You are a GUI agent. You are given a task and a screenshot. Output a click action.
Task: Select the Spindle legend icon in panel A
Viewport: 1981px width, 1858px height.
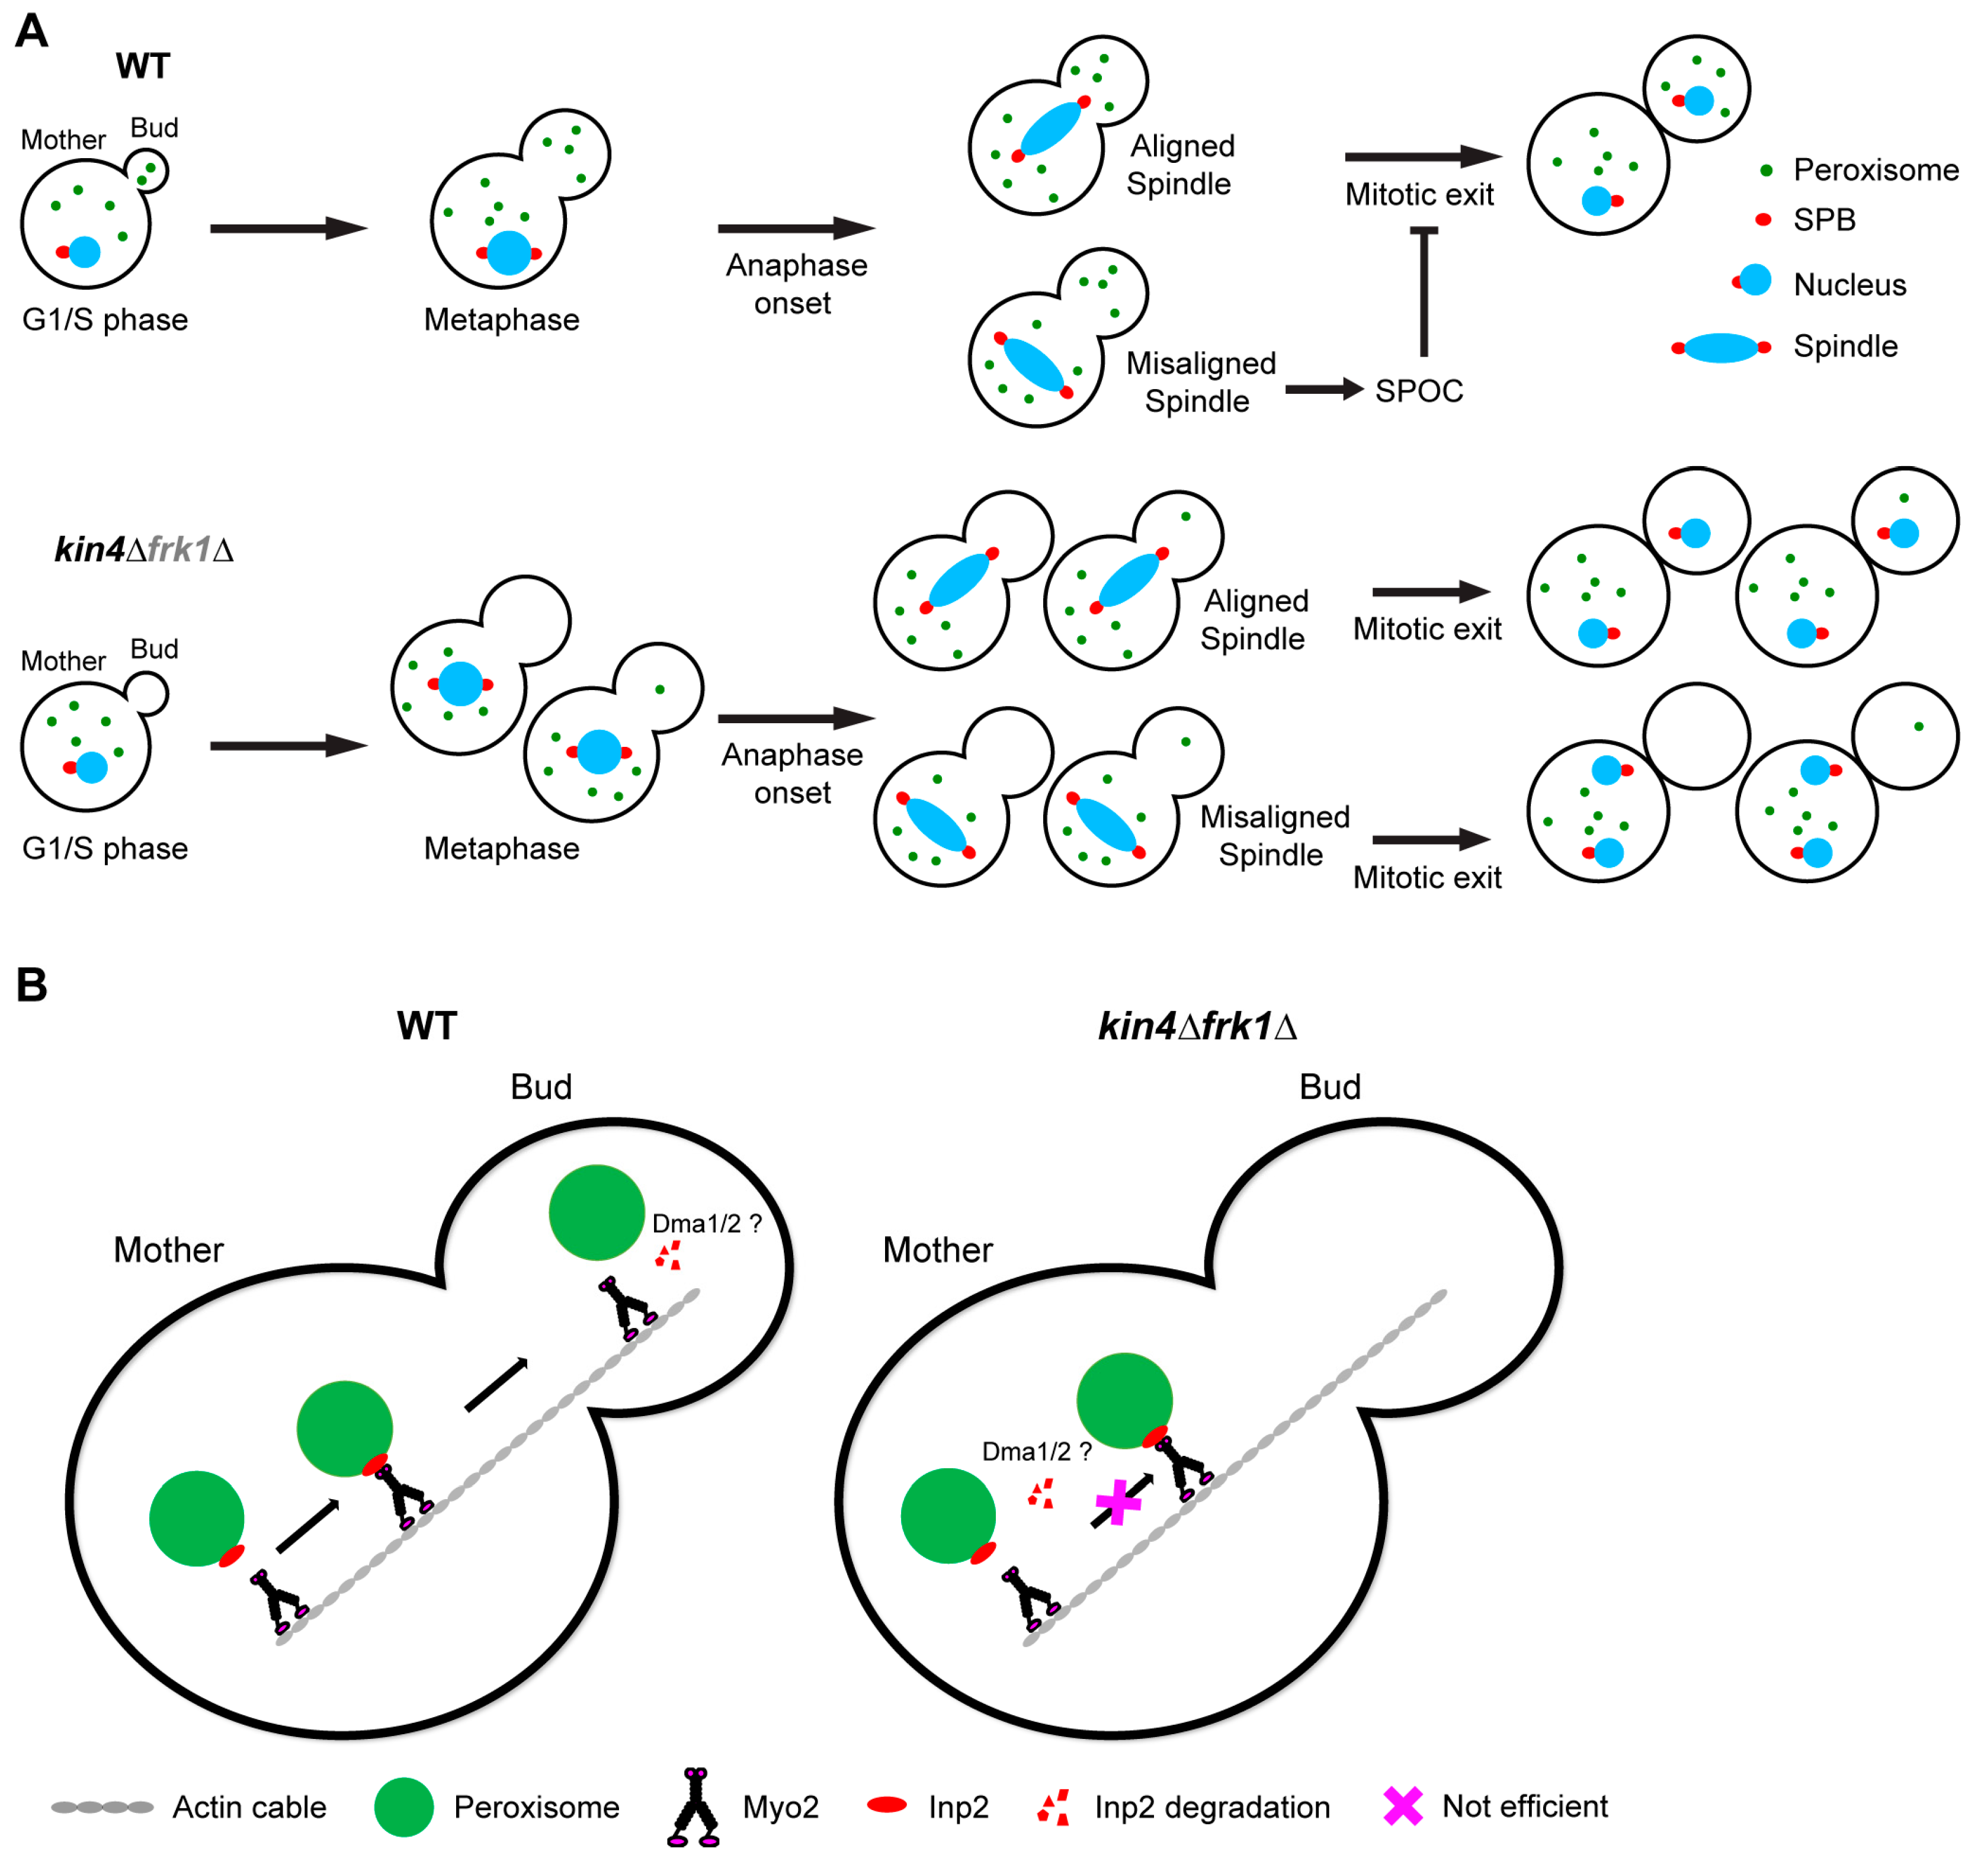(1721, 348)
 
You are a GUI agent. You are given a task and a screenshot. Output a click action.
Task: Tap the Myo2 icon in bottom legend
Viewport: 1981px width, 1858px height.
(694, 1807)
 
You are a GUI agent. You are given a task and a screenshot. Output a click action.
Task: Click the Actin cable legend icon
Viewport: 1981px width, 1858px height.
(102, 1807)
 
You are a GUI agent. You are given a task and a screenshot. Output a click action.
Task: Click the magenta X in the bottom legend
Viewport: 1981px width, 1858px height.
(1402, 1806)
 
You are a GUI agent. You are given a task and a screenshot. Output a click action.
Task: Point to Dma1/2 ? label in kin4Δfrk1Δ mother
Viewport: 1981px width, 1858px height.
(1036, 1452)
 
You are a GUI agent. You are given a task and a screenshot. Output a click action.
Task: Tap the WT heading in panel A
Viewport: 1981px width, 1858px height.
(143, 67)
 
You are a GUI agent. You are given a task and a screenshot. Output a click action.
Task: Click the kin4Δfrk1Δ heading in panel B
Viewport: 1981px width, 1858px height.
(1197, 1026)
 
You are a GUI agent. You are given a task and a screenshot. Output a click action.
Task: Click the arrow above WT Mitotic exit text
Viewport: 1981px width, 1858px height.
(1422, 156)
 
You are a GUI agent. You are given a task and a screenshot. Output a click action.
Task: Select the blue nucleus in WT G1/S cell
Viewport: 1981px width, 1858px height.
(85, 252)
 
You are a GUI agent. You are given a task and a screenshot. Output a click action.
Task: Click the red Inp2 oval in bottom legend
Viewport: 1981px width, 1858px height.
(887, 1804)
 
